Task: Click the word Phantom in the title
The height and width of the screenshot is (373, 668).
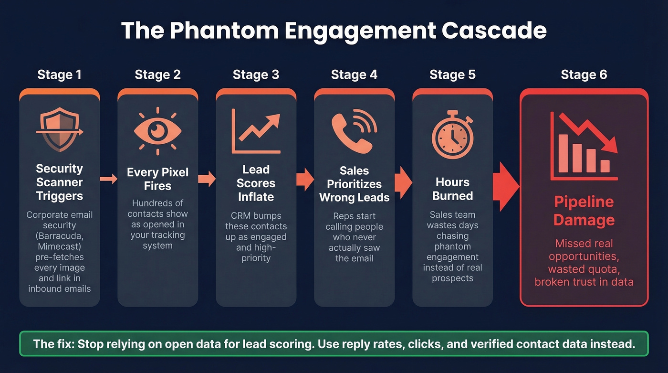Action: (224, 31)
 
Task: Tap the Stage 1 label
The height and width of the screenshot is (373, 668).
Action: (59, 75)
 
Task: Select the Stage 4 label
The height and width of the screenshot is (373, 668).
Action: (354, 75)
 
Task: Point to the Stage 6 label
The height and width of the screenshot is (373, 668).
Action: (584, 75)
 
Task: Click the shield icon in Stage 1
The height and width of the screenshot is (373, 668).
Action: (60, 129)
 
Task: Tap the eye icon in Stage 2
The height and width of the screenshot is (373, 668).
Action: (158, 131)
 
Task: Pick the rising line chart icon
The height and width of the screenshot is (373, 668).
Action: (256, 131)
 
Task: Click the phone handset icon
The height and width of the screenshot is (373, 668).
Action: (354, 131)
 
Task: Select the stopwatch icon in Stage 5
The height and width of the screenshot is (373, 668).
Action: (453, 135)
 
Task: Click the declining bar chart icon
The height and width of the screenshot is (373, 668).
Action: (584, 146)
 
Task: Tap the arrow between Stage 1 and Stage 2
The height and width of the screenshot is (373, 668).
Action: (109, 179)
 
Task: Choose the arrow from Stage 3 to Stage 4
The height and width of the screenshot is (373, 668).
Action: (305, 180)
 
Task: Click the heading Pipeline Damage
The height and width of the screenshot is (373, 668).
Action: (584, 211)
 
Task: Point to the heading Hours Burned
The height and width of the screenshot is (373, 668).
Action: (453, 189)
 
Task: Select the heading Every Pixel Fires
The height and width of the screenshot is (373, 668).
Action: (158, 179)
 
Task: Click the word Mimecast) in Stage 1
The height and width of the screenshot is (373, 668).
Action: (60, 246)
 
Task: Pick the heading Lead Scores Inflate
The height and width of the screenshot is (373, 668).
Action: (256, 183)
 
